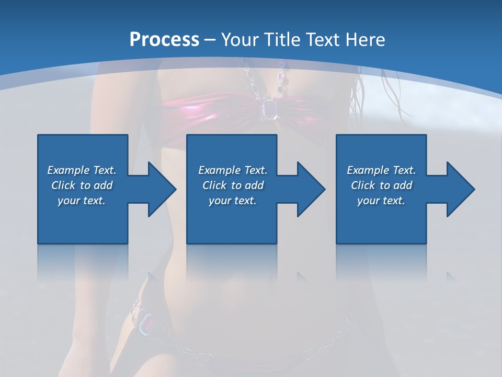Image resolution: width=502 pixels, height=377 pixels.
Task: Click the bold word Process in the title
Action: (164, 39)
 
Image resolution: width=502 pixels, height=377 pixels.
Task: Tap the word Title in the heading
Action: (281, 39)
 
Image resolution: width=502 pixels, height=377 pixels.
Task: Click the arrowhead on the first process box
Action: (162, 189)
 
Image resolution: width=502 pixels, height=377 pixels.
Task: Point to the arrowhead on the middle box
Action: (311, 189)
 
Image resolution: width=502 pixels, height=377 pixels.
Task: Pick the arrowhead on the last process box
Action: (461, 189)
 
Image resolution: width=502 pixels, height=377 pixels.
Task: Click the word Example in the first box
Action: (69, 170)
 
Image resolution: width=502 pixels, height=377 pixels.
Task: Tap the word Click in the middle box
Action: (214, 185)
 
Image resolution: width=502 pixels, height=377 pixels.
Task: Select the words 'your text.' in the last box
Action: (381, 201)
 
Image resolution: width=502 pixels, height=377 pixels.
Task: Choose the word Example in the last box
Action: (368, 170)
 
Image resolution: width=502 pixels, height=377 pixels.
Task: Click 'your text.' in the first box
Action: (81, 201)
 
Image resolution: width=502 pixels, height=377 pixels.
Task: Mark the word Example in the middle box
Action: (219, 170)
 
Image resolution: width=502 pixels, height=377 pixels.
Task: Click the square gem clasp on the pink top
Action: (268, 109)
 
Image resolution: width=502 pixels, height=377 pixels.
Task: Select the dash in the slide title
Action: (210, 40)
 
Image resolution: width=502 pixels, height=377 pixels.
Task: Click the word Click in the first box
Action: (63, 185)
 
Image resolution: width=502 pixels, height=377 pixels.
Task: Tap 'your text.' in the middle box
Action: (232, 201)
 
